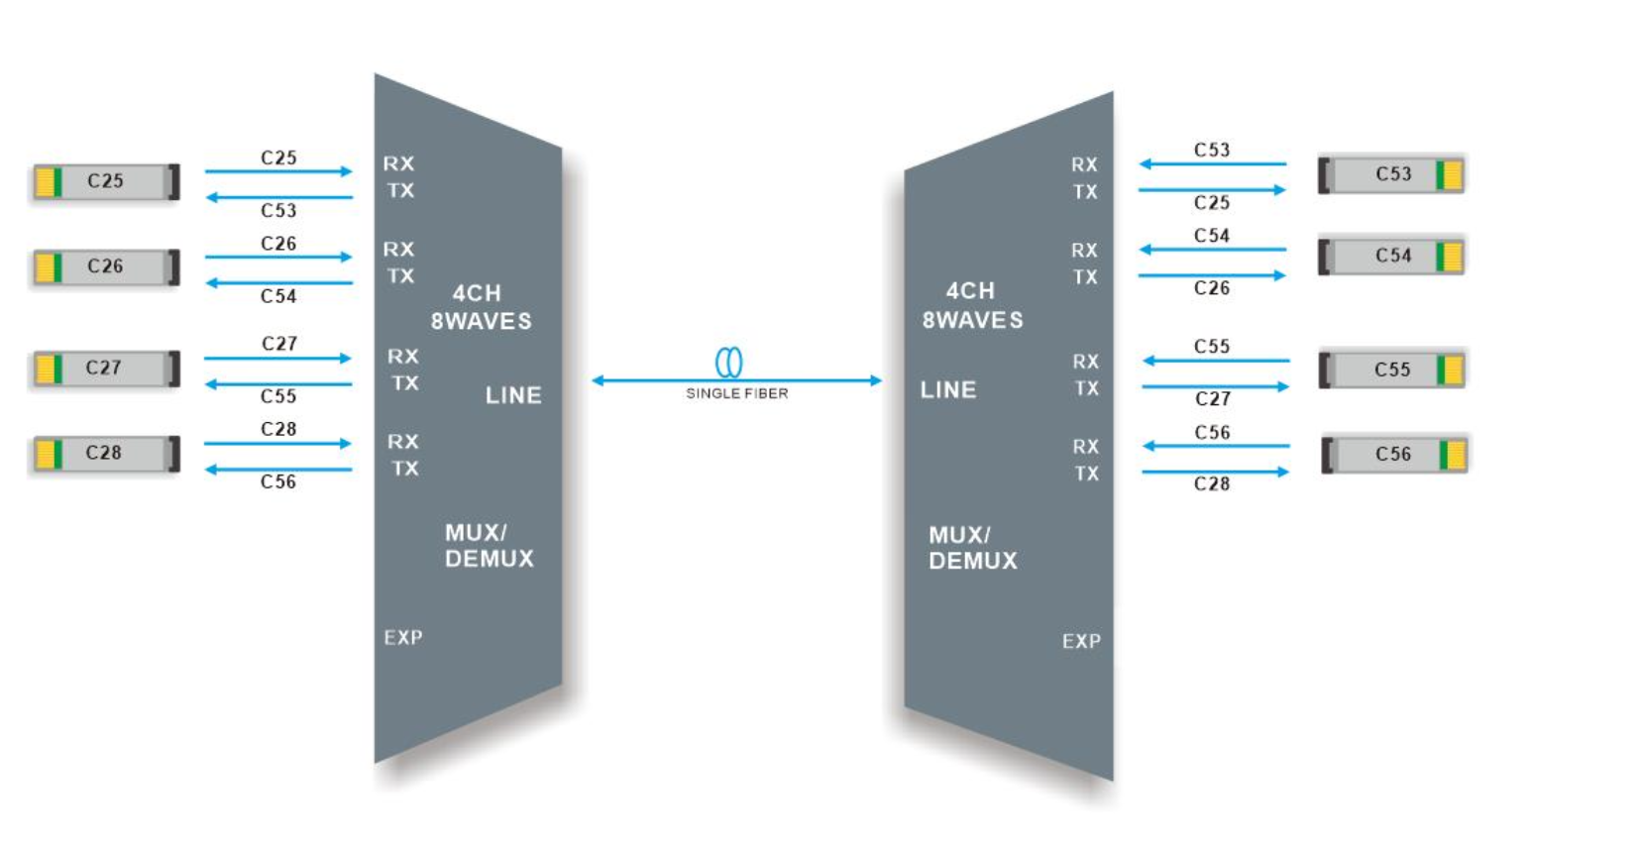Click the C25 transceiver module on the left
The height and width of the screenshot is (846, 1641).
point(105,181)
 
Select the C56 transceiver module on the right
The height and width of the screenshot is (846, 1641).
point(1393,455)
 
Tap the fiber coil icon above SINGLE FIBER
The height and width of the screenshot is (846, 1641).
point(729,362)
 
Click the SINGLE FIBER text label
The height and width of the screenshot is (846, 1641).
point(736,393)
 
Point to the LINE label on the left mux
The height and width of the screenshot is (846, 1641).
point(513,395)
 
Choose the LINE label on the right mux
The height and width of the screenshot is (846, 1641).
point(948,390)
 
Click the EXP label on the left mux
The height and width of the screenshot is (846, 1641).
point(403,637)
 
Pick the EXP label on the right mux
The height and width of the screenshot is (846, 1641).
point(1081,641)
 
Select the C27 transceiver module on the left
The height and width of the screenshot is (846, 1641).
point(105,368)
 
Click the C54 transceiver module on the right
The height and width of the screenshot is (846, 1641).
point(1391,256)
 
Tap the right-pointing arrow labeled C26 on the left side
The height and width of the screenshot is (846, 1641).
point(277,257)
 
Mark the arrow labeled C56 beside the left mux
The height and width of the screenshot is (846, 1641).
point(277,470)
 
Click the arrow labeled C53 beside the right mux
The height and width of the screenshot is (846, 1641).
point(1212,163)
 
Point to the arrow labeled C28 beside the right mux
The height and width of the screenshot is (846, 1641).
point(1215,472)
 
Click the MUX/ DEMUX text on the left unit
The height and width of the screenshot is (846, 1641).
point(489,546)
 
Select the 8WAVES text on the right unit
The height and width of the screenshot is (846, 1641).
point(972,320)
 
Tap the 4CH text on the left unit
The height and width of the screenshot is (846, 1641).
point(477,293)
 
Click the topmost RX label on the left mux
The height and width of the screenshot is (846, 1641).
point(398,163)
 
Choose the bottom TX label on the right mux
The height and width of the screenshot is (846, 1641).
point(1086,474)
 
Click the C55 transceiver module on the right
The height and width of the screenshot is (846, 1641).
point(1391,370)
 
